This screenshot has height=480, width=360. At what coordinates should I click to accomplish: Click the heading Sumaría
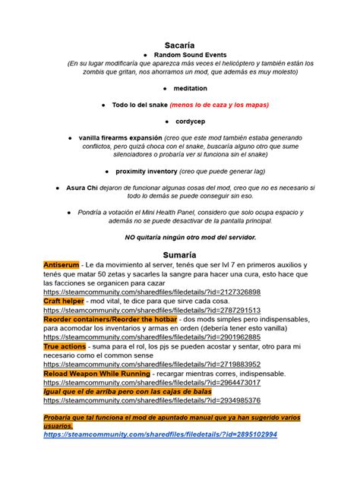(180, 253)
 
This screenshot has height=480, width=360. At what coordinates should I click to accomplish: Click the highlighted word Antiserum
(60, 264)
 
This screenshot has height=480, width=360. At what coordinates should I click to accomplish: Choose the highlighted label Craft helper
(64, 301)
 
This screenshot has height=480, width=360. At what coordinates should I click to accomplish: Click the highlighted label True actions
(65, 346)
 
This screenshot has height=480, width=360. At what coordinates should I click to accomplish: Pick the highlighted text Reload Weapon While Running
(96, 373)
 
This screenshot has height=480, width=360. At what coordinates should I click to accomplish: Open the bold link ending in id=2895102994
(160, 434)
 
